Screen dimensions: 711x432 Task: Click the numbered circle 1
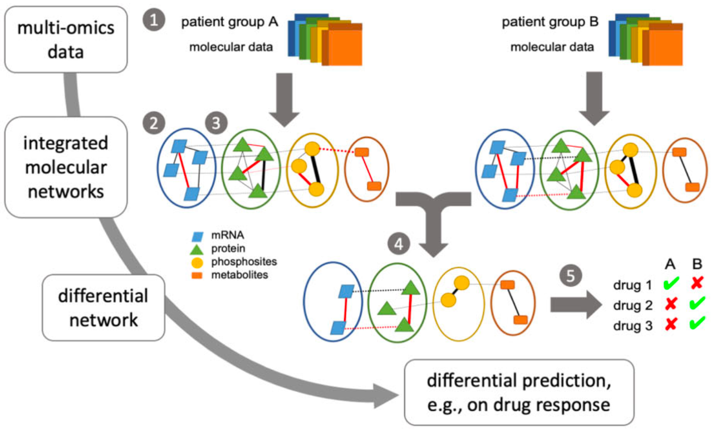(154, 20)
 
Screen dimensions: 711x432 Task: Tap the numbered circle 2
(154, 123)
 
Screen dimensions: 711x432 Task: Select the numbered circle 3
(216, 123)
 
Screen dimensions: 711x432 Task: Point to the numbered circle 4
(399, 244)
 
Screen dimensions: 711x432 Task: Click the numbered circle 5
(570, 275)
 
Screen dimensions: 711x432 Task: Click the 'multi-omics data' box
(66, 39)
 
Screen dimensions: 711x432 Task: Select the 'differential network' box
(104, 308)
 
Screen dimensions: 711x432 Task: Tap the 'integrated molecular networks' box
(66, 167)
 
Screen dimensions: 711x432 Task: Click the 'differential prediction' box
(519, 393)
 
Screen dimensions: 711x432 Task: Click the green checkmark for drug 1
(671, 283)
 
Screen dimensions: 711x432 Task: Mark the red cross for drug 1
(697, 283)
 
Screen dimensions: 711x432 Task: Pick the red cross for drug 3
(671, 324)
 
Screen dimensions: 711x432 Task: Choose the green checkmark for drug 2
(697, 304)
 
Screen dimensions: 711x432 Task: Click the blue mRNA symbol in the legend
(198, 236)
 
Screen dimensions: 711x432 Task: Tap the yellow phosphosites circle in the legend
(197, 263)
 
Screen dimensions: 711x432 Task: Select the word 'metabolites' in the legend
(239, 275)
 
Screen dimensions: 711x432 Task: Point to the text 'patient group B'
(550, 22)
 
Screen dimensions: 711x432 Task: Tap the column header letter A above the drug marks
(670, 264)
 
